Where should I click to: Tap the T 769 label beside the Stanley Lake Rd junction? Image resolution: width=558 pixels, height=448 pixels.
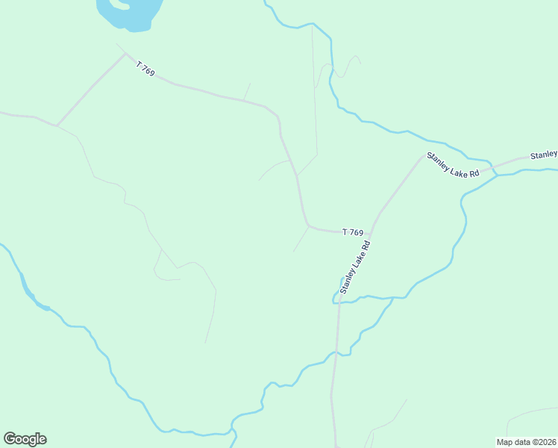(353, 232)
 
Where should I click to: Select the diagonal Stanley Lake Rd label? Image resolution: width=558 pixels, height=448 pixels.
(452, 166)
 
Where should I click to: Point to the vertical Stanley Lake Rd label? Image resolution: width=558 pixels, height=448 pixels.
(355, 267)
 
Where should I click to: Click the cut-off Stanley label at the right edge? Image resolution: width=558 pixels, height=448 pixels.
(544, 155)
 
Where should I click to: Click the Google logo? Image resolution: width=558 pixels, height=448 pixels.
(25, 439)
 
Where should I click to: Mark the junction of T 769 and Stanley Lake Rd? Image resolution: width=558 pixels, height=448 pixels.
(371, 233)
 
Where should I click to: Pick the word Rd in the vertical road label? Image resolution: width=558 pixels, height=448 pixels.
(366, 245)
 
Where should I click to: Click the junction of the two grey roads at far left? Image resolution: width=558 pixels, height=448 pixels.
(57, 125)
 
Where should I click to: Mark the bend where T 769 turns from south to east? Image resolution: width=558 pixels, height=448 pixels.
(307, 225)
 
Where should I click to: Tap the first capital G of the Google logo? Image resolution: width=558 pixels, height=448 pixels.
(10, 439)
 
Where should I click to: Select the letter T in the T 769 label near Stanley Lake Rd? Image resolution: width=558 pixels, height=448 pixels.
(345, 231)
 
